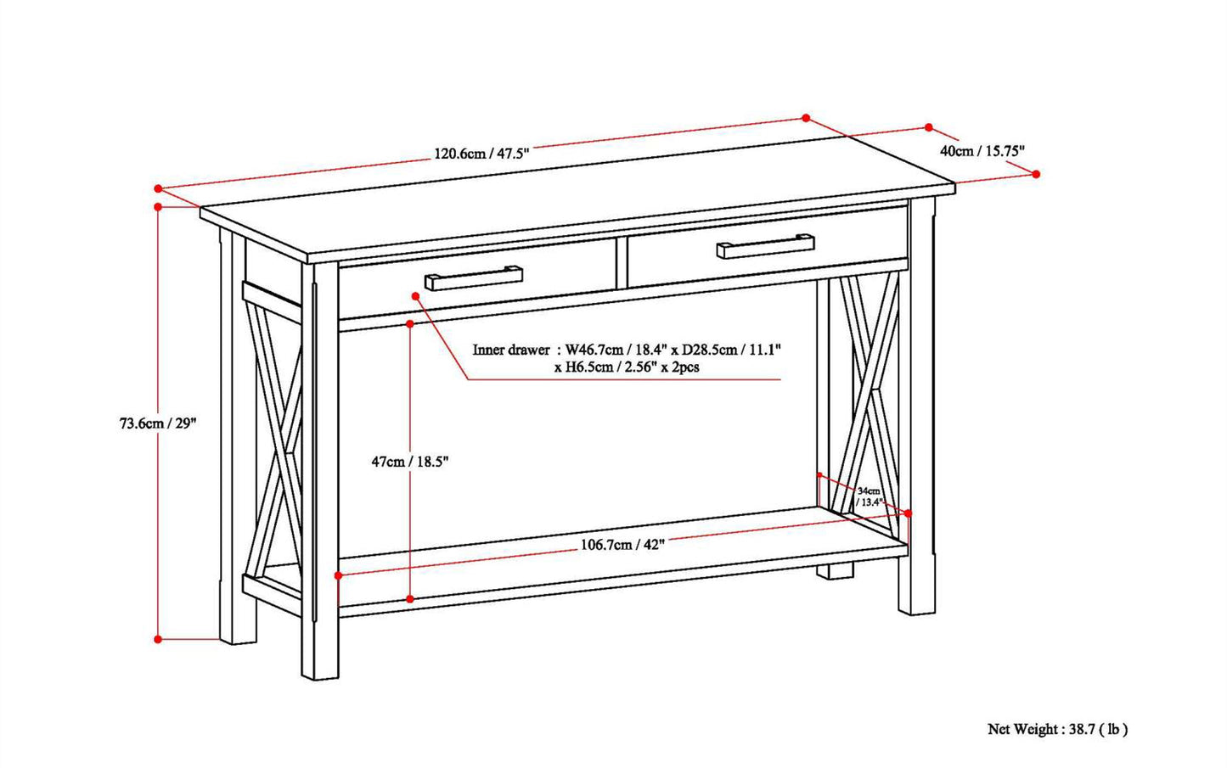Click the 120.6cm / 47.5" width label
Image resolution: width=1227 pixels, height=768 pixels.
(481, 154)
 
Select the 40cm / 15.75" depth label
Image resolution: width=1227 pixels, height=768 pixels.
(982, 150)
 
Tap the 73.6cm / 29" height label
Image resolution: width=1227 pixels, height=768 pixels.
(158, 423)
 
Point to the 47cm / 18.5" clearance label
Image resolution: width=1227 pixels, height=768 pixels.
(409, 462)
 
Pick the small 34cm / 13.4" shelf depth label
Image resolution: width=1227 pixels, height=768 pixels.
(869, 496)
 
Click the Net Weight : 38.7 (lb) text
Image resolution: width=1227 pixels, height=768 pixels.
(1057, 728)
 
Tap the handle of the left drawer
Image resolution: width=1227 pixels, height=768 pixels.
(474, 277)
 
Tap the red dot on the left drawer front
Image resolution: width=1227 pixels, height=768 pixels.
(415, 295)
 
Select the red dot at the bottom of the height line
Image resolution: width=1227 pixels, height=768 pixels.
(158, 638)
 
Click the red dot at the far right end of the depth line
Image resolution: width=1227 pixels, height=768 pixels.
(1036, 173)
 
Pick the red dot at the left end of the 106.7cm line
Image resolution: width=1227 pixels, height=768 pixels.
(338, 575)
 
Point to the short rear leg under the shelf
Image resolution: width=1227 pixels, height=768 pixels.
(836, 571)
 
